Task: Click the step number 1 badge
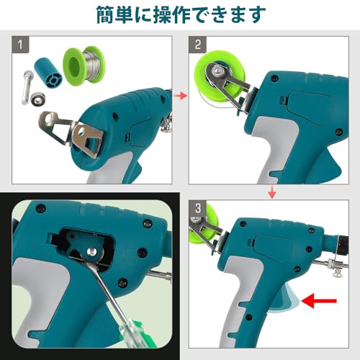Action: coord(22,45)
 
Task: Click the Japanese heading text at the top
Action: coord(179,14)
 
